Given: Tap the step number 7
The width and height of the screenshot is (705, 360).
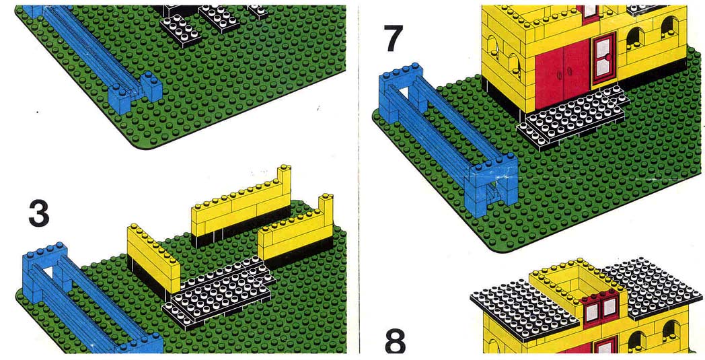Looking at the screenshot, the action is pyautogui.click(x=394, y=38).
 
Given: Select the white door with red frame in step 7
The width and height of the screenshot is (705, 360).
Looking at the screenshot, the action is pyautogui.click(x=604, y=61).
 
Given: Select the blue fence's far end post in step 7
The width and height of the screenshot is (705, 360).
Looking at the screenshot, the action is pyautogui.click(x=401, y=92).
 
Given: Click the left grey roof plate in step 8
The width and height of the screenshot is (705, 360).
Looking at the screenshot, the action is pyautogui.click(x=524, y=310).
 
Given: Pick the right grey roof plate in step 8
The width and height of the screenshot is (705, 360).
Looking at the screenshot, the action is pyautogui.click(x=651, y=287).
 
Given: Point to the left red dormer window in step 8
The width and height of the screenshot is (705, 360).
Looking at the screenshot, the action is pyautogui.click(x=592, y=312).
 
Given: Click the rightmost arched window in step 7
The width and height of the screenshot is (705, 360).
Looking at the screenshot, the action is pyautogui.click(x=670, y=28).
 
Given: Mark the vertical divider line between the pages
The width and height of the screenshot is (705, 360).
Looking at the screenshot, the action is pyautogui.click(x=359, y=180).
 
